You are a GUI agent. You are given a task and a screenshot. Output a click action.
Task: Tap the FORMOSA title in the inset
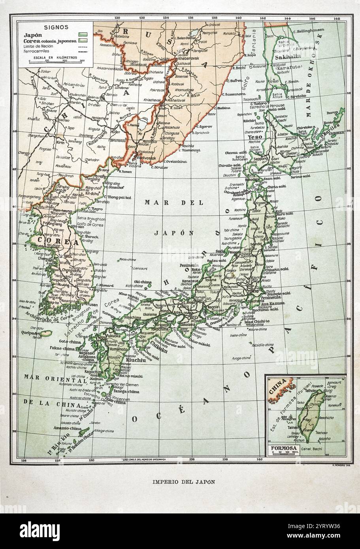[282, 449]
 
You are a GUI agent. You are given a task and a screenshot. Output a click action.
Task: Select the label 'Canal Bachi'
[317, 449]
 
